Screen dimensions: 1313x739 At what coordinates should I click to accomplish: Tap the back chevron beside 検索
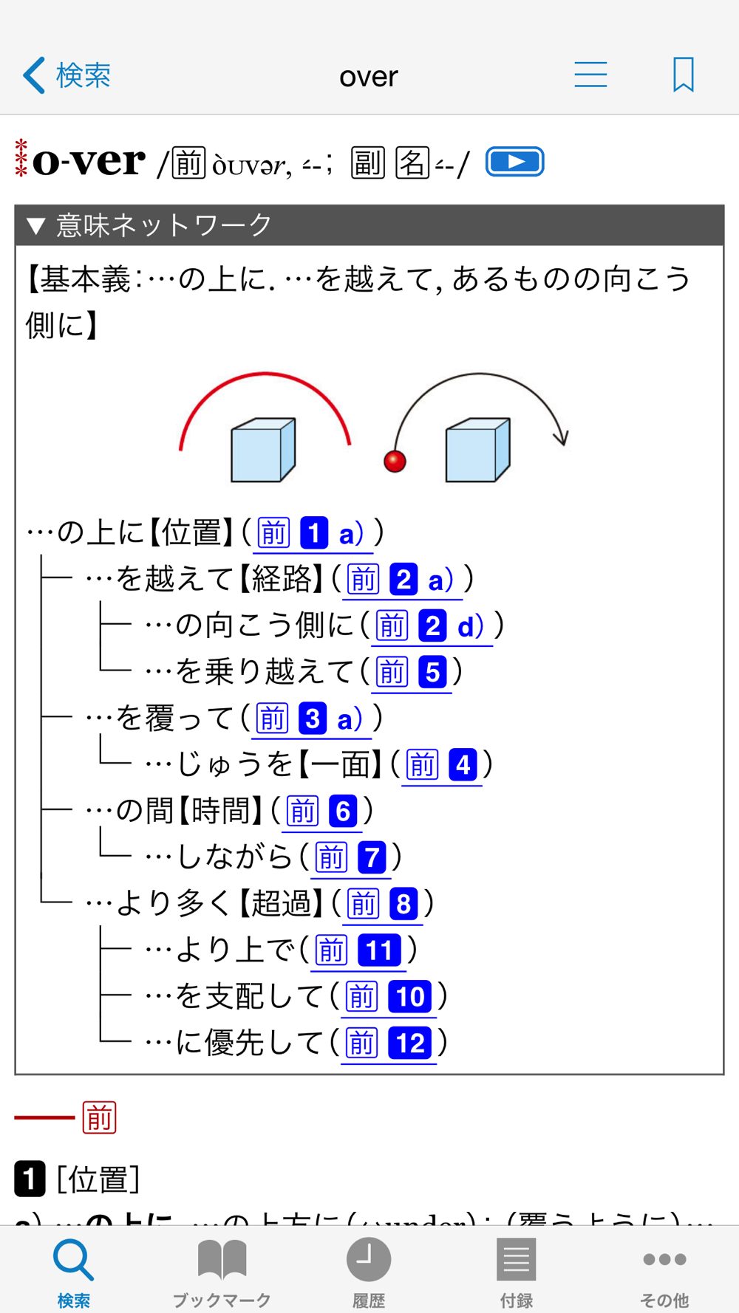tap(34, 75)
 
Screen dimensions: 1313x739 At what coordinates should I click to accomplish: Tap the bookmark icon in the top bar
tap(684, 75)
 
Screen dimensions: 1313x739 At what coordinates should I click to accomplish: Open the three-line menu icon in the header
tap(590, 75)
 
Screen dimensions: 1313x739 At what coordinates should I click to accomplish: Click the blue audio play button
tap(515, 162)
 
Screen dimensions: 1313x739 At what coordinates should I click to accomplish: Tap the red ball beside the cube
tap(395, 461)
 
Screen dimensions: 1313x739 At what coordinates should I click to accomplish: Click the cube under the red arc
tap(263, 450)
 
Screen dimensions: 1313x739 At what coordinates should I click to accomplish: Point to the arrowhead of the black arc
tap(562, 438)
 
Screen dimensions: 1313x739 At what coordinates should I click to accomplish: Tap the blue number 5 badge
tap(432, 672)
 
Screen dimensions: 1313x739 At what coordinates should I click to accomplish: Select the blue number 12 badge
tap(409, 1043)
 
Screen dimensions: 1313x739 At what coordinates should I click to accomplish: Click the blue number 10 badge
tap(409, 997)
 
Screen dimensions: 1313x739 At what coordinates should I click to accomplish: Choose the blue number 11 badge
tap(379, 950)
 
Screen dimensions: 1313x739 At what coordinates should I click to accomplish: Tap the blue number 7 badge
tap(372, 857)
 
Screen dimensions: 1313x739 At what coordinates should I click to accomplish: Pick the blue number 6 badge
tap(343, 812)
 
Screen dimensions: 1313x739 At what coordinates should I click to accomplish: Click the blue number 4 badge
tap(463, 765)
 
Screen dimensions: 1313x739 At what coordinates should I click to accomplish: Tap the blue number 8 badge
tap(403, 904)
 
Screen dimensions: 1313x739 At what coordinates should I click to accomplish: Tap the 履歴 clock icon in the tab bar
tap(368, 1259)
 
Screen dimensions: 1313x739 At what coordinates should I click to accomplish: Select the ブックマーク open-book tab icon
tap(222, 1259)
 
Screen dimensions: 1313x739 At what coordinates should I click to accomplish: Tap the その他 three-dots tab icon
tap(664, 1259)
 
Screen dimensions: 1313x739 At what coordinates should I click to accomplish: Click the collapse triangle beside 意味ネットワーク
tap(36, 225)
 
